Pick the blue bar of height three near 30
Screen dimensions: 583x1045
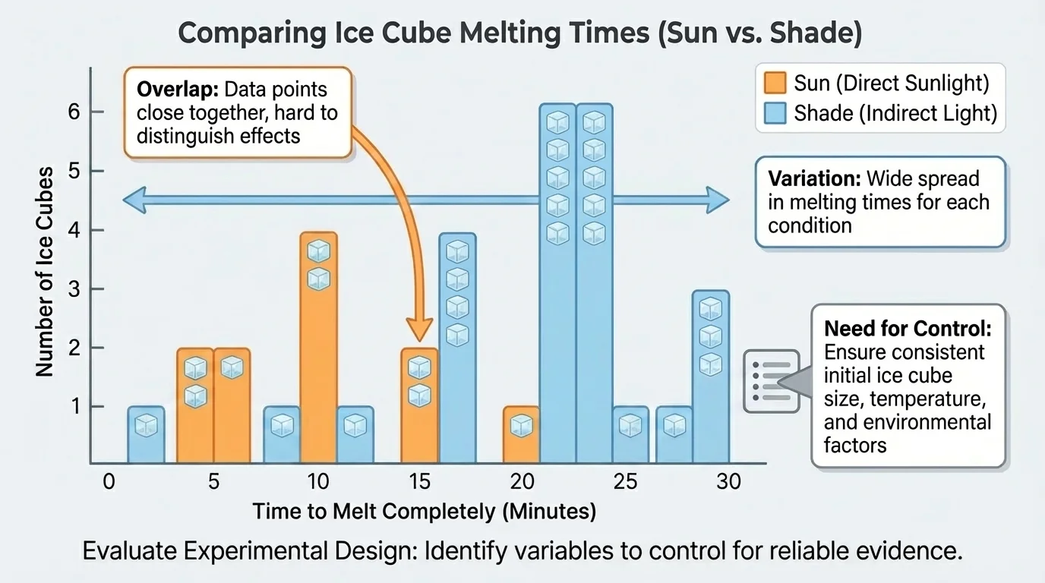(710, 376)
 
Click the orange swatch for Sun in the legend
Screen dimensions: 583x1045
(775, 82)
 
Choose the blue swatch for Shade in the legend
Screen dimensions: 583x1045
(775, 113)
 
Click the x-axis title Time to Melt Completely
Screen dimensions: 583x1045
(424, 512)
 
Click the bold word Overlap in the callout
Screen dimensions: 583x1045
(177, 90)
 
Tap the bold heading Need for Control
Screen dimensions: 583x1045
(908, 329)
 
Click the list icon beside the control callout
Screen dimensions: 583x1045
(771, 381)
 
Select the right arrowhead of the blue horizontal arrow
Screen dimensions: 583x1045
(717, 200)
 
